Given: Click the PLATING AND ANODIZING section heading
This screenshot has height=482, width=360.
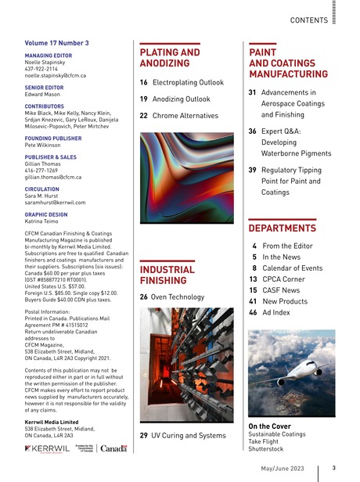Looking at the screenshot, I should tap(168, 58).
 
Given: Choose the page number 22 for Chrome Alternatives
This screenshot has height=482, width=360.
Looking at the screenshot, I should tap(145, 116).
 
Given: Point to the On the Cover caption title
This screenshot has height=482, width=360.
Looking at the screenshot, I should tap(270, 426).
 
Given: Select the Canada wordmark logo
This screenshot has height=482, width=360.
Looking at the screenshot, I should tap(113, 448).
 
